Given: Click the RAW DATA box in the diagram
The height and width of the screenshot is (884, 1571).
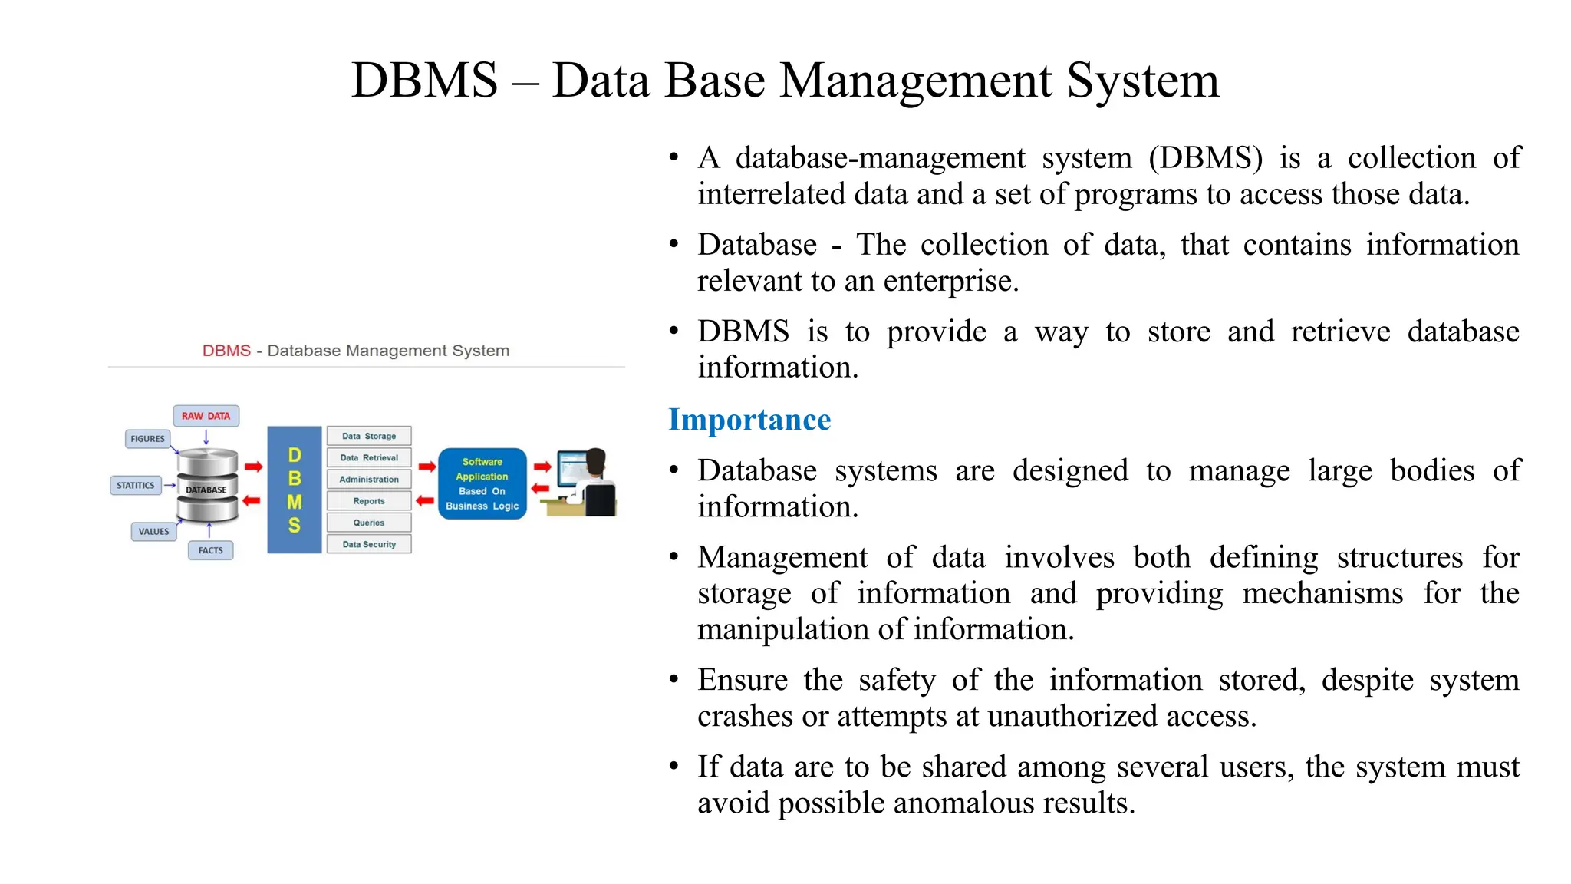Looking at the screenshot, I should tap(206, 416).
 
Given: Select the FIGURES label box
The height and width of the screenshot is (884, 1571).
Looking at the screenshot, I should tap(147, 439).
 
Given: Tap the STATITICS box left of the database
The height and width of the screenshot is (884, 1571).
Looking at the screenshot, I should tap(136, 485).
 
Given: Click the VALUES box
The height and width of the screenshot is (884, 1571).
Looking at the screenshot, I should tap(153, 531).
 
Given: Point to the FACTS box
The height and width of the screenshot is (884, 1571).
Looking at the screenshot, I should tap(210, 550).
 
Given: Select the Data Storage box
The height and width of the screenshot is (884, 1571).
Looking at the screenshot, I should tap(369, 436).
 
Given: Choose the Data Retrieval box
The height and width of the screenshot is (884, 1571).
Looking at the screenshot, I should tap(369, 457).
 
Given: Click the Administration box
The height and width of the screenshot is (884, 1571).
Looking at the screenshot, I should tap(369, 480).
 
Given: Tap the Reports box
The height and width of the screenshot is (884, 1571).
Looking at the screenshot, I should tap(369, 501).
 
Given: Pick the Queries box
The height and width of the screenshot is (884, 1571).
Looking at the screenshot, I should tap(369, 523).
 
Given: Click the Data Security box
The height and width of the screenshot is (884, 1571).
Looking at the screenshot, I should tap(369, 544).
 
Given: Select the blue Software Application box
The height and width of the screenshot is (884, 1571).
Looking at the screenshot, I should tap(482, 483).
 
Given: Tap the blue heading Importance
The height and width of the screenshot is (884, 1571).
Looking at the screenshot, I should tap(749, 420).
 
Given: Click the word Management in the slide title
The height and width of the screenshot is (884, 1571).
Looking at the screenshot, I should tap(915, 81).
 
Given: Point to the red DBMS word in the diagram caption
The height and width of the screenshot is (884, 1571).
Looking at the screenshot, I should tap(226, 351).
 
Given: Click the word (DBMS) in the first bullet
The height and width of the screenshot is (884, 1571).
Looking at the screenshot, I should tap(1205, 158).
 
